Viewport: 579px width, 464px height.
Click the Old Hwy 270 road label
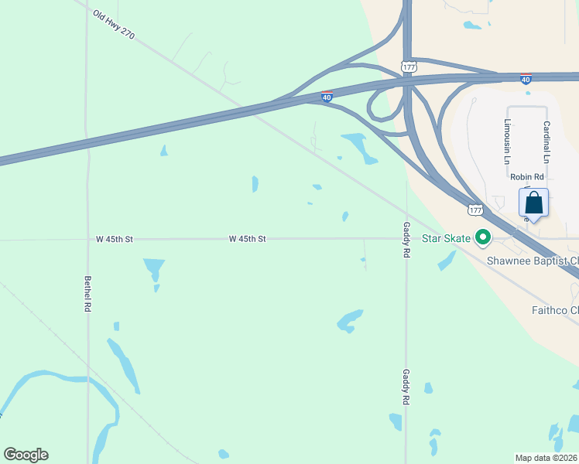tap(113, 25)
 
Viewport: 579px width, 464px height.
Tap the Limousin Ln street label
tap(508, 141)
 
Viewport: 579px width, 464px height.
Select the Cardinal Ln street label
tap(546, 142)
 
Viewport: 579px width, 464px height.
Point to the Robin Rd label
tap(527, 177)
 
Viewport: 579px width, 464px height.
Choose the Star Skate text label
tap(446, 238)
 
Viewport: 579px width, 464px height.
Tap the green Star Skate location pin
tap(483, 238)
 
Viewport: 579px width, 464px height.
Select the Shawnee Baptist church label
tap(532, 261)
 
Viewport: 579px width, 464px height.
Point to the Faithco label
tap(554, 311)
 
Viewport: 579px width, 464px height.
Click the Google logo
tap(26, 455)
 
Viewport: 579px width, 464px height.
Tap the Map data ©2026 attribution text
tap(546, 457)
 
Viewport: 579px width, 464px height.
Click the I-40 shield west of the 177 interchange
tap(327, 97)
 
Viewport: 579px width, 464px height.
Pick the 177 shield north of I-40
tap(409, 67)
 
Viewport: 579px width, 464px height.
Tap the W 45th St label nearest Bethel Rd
tap(115, 240)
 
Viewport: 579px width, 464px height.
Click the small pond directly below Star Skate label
tap(446, 261)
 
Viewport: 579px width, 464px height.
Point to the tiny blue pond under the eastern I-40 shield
tap(528, 94)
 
